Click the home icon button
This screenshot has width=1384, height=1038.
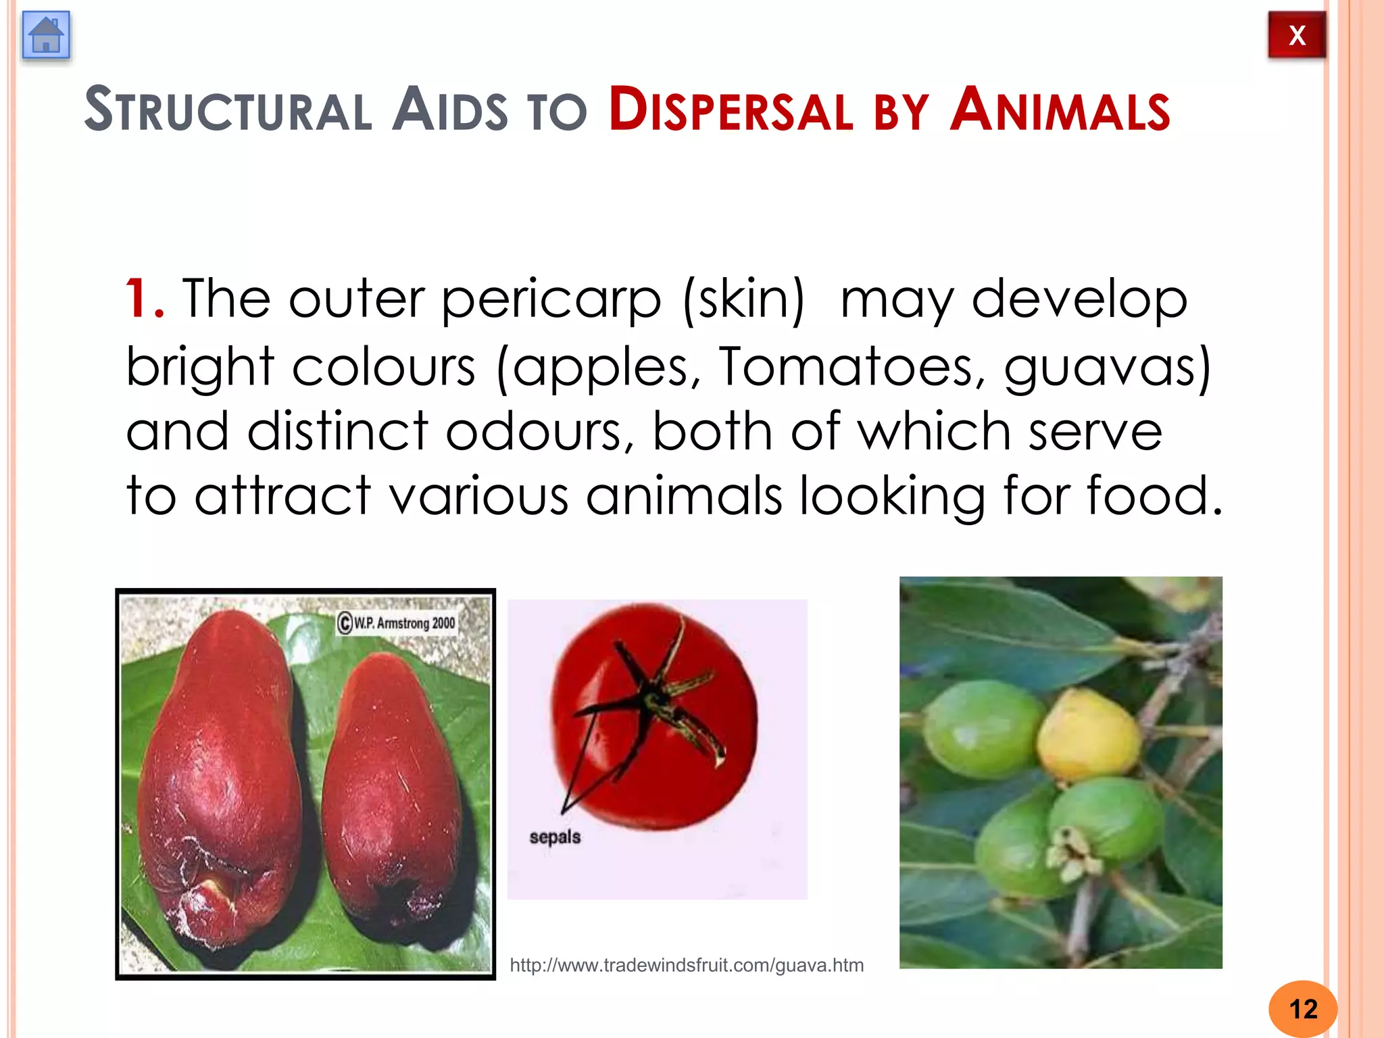tap(46, 35)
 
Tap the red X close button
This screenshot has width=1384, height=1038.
tap(1297, 35)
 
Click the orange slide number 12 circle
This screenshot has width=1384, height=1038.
tap(1303, 1009)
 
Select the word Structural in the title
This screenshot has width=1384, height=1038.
tap(228, 110)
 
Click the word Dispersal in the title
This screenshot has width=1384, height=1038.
tap(731, 110)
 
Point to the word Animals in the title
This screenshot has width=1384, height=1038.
tap(1060, 110)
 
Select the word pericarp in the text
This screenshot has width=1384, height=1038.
tap(551, 299)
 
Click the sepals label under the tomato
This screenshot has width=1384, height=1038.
tap(555, 837)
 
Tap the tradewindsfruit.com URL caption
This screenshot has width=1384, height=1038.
tap(687, 965)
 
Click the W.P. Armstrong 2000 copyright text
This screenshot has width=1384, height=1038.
tap(397, 623)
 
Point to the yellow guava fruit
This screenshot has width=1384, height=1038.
tap(1089, 735)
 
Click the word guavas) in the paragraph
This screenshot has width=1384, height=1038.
tap(1108, 366)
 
